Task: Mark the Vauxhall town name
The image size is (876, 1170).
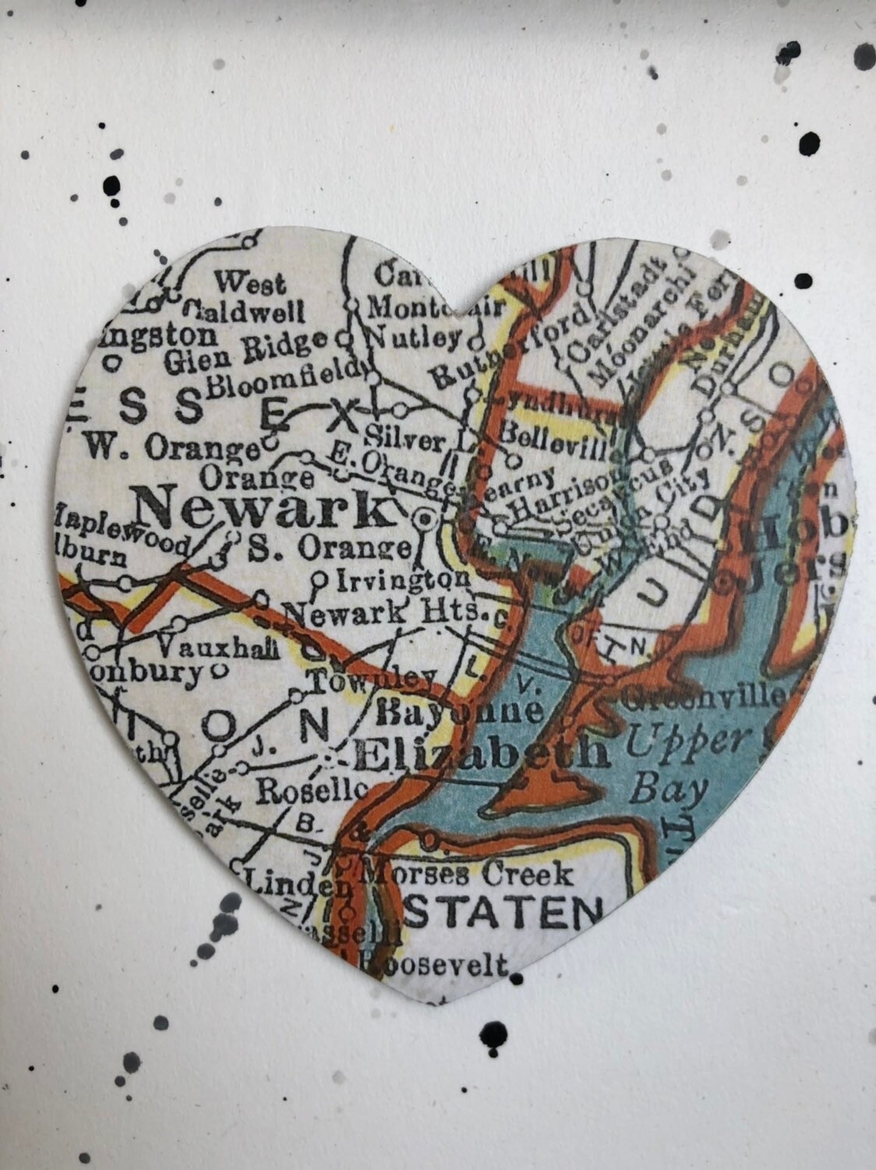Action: click(x=218, y=647)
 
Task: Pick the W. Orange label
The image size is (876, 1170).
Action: click(x=171, y=448)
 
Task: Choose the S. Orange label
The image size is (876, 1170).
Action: click(x=328, y=548)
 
